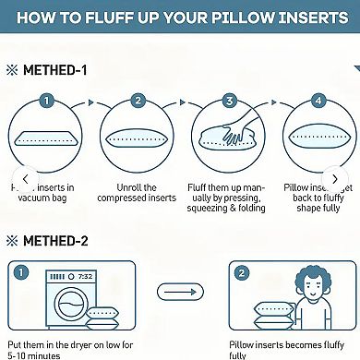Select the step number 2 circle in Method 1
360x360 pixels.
138,101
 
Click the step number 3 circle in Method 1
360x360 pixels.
228,101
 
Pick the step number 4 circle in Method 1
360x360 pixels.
318,101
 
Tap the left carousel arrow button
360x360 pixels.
25,179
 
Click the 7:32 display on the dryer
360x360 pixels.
84,277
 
